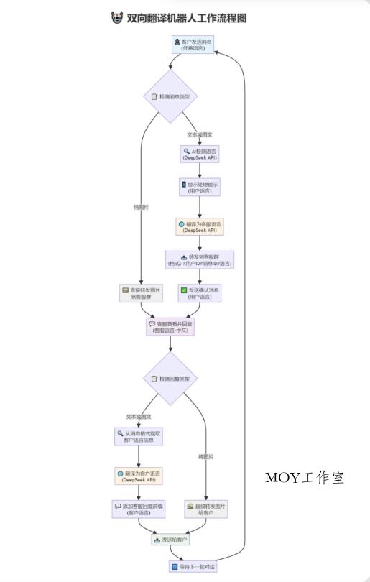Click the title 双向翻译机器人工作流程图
pos(187,19)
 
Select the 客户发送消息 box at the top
pos(193,45)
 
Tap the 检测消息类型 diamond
pos(170,96)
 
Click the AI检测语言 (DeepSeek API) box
pos(200,154)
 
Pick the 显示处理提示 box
pos(200,188)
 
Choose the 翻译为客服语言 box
pos(200,227)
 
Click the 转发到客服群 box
pos(200,259)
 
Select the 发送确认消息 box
pos(200,292)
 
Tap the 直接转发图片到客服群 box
pos(142,292)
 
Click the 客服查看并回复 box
pos(170,327)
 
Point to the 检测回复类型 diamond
pos(170,379)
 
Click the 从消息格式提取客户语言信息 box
pos(139,436)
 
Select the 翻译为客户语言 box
pos(139,476)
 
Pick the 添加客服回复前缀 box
pos(139,509)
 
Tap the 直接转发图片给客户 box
pos(205,509)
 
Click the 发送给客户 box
pos(170,540)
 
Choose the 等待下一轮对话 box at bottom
pos(193,567)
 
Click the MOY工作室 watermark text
pos(305,478)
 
